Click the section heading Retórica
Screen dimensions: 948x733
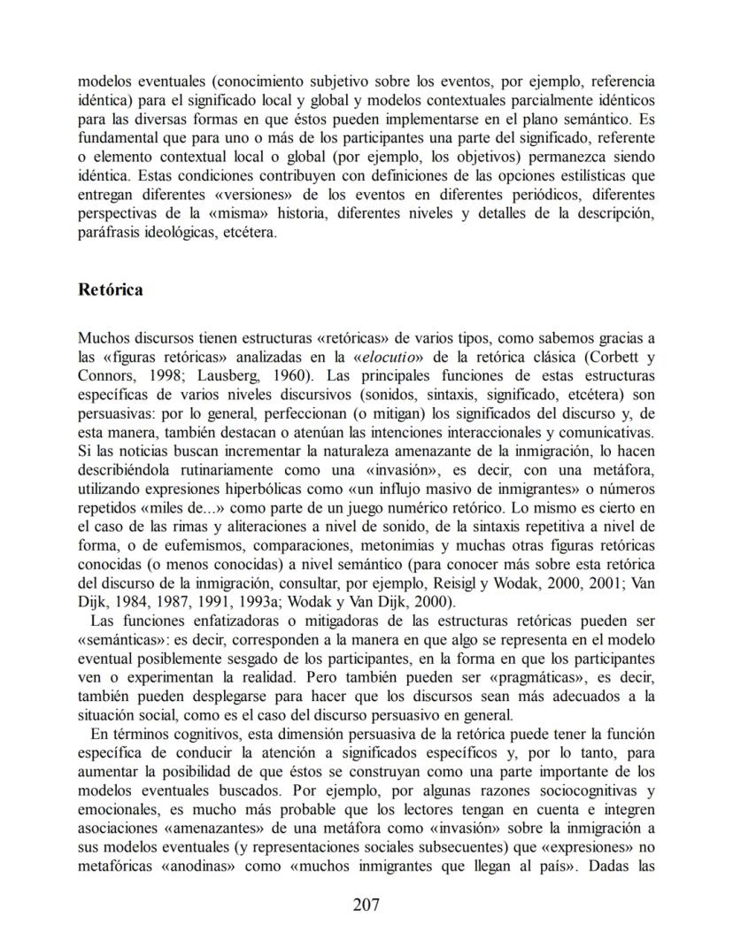(x=111, y=290)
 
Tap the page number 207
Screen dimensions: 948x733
(x=366, y=904)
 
